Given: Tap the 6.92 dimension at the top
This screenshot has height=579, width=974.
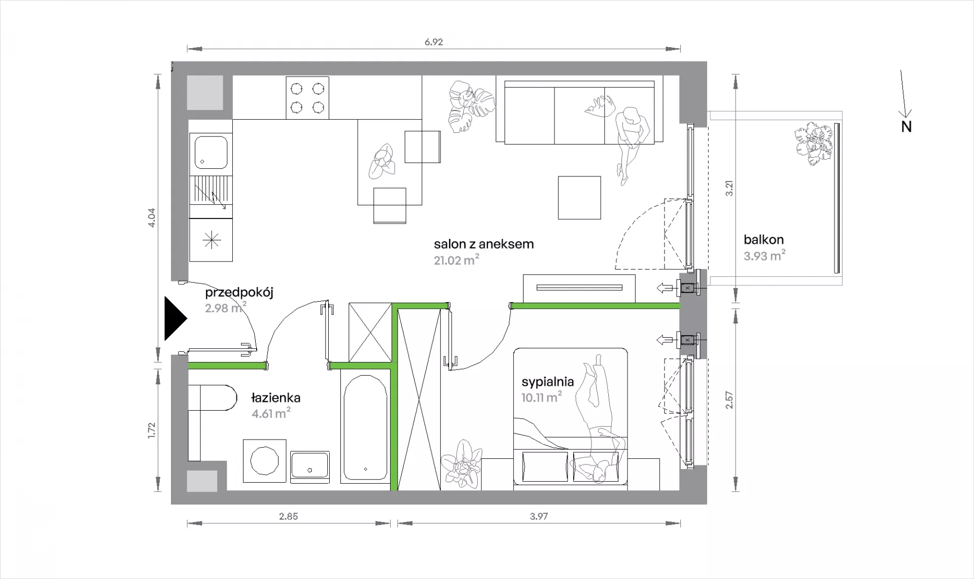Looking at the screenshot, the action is click(x=434, y=42).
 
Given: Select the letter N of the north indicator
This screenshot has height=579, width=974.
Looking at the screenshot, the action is click(x=907, y=127).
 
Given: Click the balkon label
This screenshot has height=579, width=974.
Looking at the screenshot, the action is click(x=763, y=239).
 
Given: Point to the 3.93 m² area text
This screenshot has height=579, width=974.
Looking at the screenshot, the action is click(x=764, y=256).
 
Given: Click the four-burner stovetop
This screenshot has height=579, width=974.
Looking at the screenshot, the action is click(x=307, y=98).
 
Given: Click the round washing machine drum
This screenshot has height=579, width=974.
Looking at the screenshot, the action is click(x=265, y=460).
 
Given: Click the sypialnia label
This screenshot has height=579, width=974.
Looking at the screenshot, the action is click(x=547, y=382).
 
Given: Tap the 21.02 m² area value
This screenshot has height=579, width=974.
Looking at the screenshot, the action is click(x=457, y=261).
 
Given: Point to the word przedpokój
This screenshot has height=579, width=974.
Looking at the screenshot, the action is click(x=239, y=293).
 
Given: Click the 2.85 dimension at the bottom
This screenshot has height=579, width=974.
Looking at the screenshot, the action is click(x=288, y=517).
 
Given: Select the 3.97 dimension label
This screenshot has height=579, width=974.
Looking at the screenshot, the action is click(x=539, y=517).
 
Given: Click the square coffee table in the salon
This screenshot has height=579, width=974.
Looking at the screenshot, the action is click(x=579, y=198).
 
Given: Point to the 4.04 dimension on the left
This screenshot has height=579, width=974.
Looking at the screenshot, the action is click(x=152, y=218).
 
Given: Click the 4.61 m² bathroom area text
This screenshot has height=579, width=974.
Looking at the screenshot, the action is click(x=271, y=413).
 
